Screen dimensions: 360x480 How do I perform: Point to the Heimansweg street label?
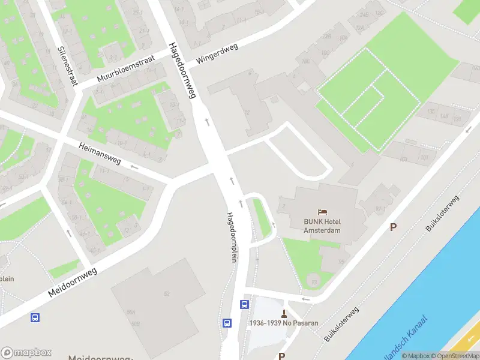100,153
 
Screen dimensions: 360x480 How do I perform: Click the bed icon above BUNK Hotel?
322,212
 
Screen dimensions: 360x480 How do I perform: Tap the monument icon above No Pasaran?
284,313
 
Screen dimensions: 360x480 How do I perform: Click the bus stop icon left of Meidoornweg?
35,317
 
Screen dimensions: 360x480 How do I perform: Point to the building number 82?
167,293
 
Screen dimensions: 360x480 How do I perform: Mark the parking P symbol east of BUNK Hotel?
394,227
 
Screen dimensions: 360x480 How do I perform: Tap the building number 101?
424,158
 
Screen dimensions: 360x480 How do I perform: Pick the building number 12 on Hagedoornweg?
247,113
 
